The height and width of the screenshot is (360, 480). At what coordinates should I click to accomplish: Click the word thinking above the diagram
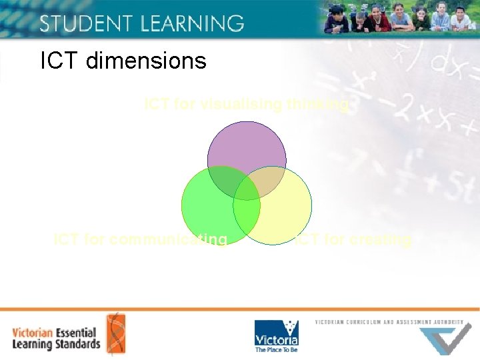(319, 105)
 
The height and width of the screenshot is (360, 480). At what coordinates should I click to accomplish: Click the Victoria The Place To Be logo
(277, 336)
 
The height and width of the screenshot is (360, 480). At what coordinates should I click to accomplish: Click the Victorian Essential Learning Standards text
(56, 338)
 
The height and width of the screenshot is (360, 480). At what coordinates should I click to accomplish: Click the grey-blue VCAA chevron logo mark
(447, 340)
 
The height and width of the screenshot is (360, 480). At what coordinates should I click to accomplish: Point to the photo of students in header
(400, 18)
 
